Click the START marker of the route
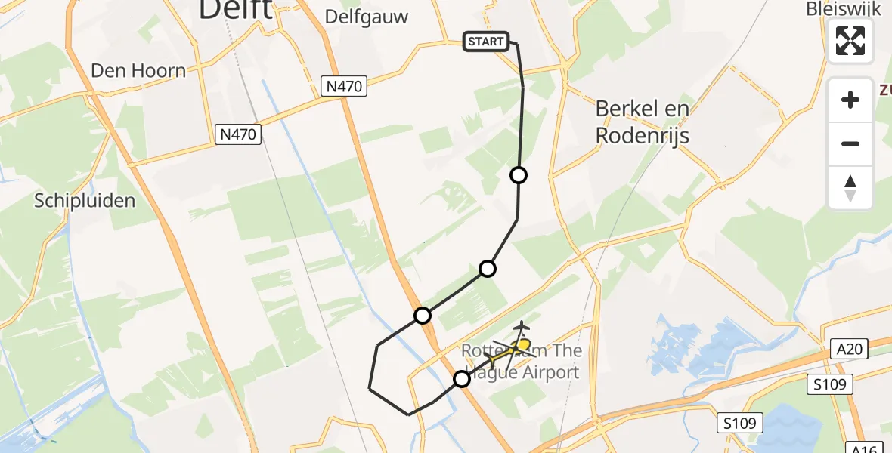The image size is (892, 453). point(486,42)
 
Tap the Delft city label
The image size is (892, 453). point(235,11)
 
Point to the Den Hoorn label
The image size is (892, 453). point(138,71)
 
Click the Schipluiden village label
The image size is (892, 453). point(85,200)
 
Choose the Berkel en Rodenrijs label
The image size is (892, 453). point(643,122)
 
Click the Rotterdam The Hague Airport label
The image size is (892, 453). point(522,361)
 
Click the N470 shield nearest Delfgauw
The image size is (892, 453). point(345,86)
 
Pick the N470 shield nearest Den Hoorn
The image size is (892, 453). point(238,135)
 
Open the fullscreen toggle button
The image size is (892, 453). point(850,41)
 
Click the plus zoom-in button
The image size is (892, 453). point(850,100)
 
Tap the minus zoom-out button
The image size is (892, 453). point(850,143)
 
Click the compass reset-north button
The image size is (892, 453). point(850,188)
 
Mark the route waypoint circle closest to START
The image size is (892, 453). point(519,175)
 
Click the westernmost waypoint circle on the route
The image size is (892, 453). point(423,315)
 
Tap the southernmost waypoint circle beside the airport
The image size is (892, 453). point(462,379)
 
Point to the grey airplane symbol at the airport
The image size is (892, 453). point(522,326)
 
